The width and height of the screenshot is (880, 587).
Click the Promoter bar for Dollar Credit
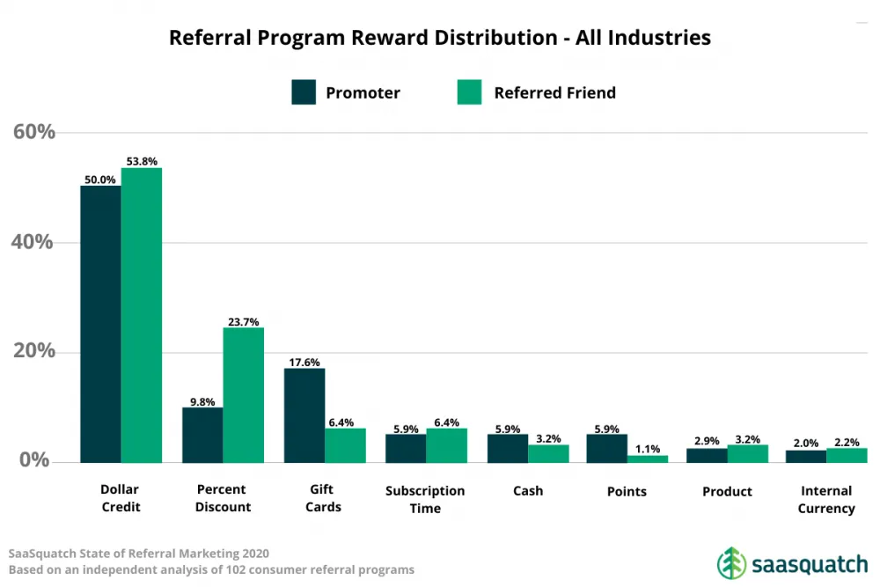[x=100, y=324]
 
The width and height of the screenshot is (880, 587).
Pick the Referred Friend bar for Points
[x=648, y=459]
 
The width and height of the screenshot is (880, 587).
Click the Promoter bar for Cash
[x=508, y=448]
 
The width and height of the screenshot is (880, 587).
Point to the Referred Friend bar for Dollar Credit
[x=142, y=315]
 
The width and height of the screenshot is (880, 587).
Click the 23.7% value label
[x=243, y=322]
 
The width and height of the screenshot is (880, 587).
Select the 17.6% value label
[x=304, y=362]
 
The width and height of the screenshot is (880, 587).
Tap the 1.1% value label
[x=648, y=448]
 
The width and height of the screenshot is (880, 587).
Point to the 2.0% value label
[x=806, y=443]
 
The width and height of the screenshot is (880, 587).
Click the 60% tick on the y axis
[x=34, y=132]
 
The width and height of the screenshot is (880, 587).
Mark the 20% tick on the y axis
[x=34, y=352]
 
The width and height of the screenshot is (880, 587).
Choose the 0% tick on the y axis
[x=34, y=460]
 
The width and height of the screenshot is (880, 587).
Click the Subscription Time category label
[x=425, y=499]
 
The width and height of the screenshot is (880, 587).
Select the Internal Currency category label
[x=826, y=499]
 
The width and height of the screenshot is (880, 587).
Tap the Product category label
[x=727, y=491]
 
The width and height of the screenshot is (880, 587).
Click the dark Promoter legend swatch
[x=304, y=92]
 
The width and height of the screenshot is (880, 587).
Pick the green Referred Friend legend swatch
[x=470, y=92]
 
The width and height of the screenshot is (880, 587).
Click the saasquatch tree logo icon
[x=730, y=562]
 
